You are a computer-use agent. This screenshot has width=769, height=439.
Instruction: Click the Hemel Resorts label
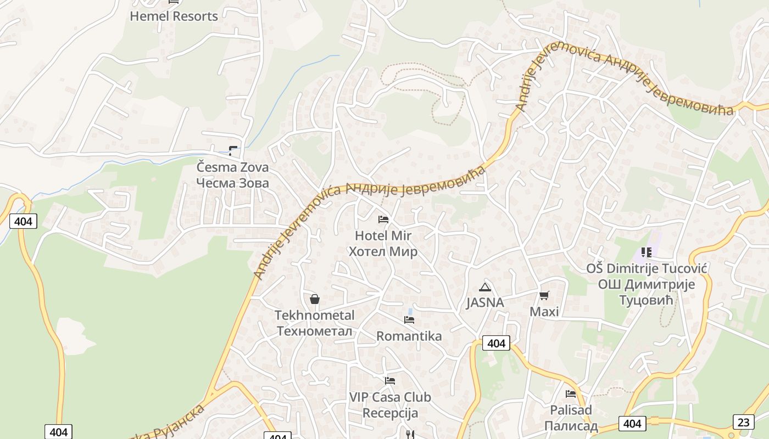click(174, 16)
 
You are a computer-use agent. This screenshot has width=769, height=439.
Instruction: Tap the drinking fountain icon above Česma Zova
click(233, 150)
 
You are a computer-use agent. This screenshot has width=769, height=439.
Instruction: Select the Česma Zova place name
click(233, 175)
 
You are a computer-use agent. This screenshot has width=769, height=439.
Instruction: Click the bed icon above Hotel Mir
click(383, 219)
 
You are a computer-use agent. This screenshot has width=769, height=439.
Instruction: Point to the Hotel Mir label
click(383, 244)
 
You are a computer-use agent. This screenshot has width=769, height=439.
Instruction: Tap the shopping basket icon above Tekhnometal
click(315, 299)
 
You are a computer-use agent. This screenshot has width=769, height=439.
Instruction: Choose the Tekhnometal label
click(314, 323)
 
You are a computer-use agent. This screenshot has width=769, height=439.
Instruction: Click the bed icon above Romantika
click(409, 320)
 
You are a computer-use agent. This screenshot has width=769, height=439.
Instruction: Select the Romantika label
click(409, 336)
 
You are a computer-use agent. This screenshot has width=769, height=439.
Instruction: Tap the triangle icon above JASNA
click(484, 287)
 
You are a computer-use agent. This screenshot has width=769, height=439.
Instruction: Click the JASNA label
click(484, 302)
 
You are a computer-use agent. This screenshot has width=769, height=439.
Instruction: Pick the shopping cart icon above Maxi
click(544, 296)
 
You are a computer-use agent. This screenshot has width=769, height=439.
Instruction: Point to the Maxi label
click(544, 312)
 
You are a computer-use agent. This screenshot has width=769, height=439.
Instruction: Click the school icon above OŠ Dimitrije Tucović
click(646, 252)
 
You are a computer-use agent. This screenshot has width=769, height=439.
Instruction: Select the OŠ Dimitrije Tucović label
click(646, 284)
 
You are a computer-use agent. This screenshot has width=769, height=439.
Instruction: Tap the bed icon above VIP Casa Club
click(390, 380)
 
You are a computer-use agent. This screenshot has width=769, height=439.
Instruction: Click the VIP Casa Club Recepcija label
click(390, 404)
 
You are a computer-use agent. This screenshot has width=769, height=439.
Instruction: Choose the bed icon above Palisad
click(571, 393)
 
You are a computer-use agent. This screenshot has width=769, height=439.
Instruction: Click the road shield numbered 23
click(743, 421)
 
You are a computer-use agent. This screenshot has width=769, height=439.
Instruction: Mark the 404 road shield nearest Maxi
click(496, 344)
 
